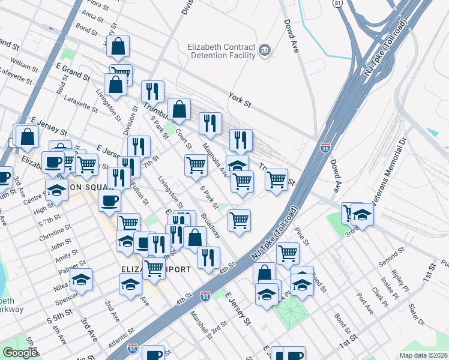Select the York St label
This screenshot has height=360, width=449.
(239, 99)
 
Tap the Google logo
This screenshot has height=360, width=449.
(20, 353)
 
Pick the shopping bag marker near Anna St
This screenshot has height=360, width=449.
(119, 46)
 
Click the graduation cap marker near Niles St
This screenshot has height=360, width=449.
(82, 280)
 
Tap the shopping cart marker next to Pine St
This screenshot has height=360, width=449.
(288, 253)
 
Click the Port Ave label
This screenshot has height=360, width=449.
(364, 302)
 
